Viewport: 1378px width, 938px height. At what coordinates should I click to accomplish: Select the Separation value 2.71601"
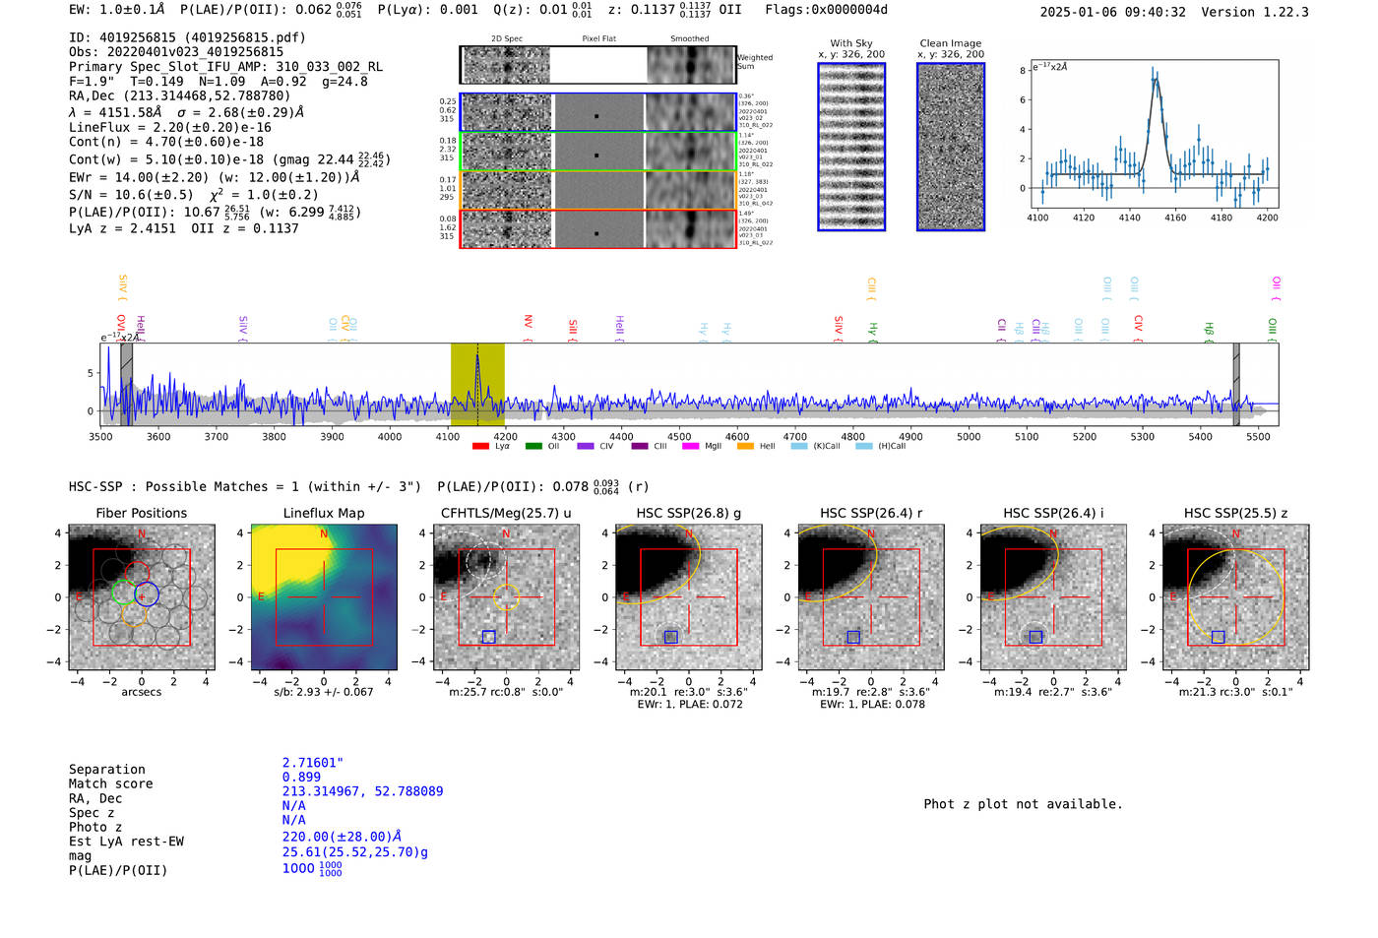pos(312,763)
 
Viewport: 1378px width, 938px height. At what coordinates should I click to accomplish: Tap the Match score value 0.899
pos(301,777)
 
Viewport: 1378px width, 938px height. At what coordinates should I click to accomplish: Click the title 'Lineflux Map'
pos(323,513)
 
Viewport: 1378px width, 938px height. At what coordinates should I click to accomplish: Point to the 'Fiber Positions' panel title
pos(141,513)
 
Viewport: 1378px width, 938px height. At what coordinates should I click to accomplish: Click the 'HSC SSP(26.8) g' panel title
pos(688,513)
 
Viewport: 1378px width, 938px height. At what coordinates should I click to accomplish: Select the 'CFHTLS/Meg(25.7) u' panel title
pos(506,513)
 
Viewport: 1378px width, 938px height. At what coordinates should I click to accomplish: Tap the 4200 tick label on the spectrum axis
pos(505,436)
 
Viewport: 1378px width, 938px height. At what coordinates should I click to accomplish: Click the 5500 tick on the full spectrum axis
pos(1258,436)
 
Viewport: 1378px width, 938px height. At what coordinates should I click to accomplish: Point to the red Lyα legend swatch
pos(480,446)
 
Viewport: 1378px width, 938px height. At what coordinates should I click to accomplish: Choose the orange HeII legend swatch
pos(745,446)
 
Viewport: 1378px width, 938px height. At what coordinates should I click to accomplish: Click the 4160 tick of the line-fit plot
pos(1175,218)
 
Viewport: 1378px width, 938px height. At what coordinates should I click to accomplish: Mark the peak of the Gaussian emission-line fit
pos(1156,80)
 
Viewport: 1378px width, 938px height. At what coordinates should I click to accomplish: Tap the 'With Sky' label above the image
pos(851,43)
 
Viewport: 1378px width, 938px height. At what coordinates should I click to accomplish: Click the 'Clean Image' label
pos(950,43)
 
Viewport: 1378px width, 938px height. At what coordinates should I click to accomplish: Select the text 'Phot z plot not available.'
pos(1023,804)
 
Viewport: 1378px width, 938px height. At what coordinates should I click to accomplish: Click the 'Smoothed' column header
pos(689,39)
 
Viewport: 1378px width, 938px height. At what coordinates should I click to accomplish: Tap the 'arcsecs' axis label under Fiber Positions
pos(141,692)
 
